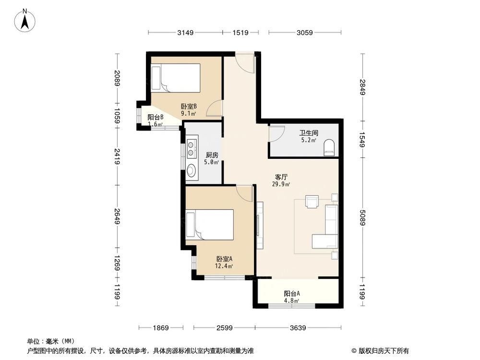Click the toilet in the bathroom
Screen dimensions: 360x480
[329, 147]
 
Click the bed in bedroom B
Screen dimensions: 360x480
[175, 77]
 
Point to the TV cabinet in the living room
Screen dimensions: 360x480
[260, 225]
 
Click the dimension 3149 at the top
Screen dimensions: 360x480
[185, 33]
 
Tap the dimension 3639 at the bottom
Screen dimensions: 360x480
[298, 328]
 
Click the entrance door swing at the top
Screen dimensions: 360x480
[246, 63]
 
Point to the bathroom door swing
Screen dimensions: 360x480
[276, 133]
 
